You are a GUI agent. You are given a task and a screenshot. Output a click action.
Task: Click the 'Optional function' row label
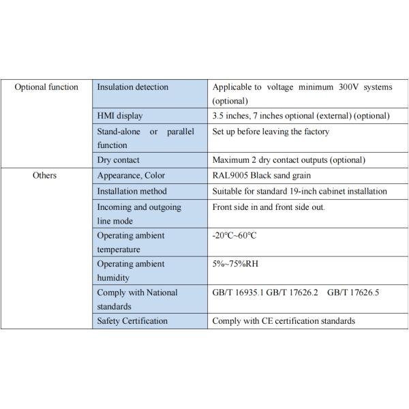coord(46,87)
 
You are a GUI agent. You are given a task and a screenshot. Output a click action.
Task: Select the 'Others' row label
coord(44,175)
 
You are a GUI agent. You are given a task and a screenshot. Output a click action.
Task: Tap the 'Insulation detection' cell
coord(132,87)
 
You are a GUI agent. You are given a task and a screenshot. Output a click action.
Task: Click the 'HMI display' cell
coord(120,116)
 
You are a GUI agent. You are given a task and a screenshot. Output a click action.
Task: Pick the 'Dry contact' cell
coord(120,160)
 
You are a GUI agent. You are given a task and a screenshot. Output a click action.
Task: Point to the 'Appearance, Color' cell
coord(131,175)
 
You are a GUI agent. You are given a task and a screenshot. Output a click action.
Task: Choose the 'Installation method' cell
coord(132,191)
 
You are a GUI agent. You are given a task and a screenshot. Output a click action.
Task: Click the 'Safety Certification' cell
coord(131,321)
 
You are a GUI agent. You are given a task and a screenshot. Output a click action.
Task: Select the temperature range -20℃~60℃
coord(234,235)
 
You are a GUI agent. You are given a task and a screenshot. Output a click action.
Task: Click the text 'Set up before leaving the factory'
coord(271,131)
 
